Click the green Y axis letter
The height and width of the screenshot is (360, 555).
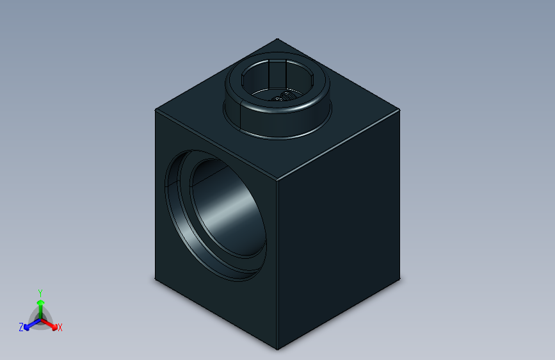coord(40,291)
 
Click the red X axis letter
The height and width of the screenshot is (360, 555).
coord(60,328)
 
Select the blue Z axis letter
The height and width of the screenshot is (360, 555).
coord(21,327)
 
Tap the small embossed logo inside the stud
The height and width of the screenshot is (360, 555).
coord(280,97)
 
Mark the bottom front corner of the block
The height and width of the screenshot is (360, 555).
coord(277,349)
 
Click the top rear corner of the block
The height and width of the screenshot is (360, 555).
coord(277,38)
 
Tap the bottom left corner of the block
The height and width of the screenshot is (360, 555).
coord(156,279)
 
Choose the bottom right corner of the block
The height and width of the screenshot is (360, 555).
coord(401,280)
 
